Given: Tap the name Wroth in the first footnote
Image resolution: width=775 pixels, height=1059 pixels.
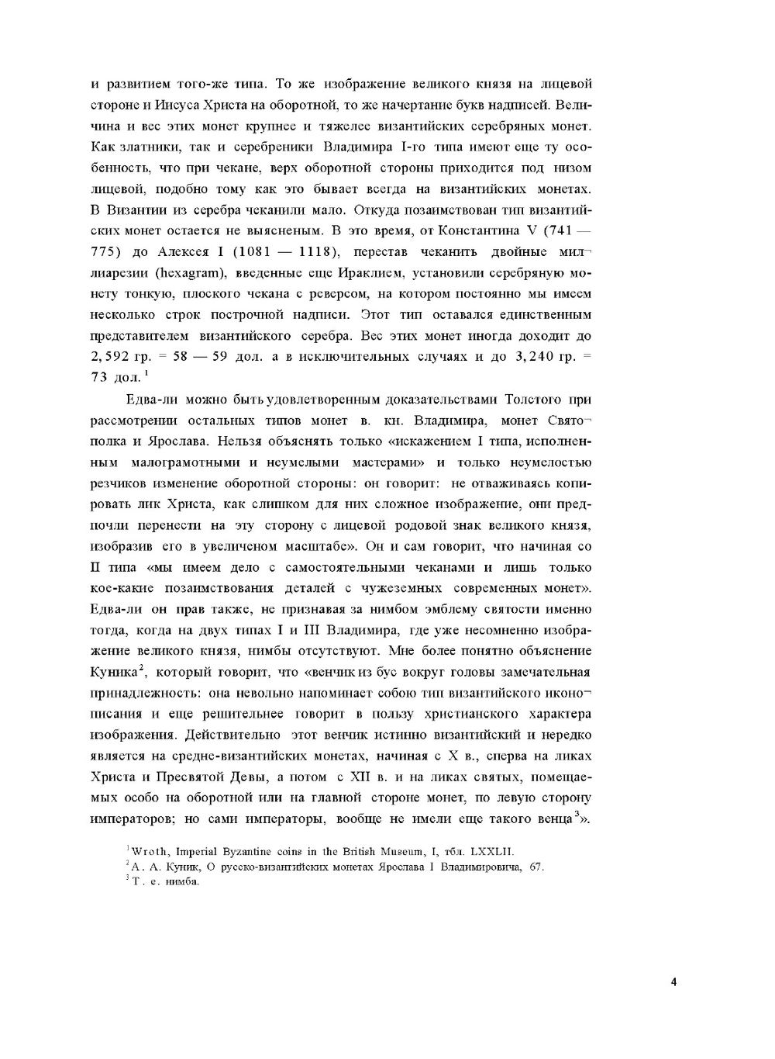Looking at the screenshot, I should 150,851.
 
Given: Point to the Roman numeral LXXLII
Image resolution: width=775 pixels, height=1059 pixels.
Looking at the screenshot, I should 492,851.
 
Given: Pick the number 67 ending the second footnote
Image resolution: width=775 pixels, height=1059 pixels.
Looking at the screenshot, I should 537,866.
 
